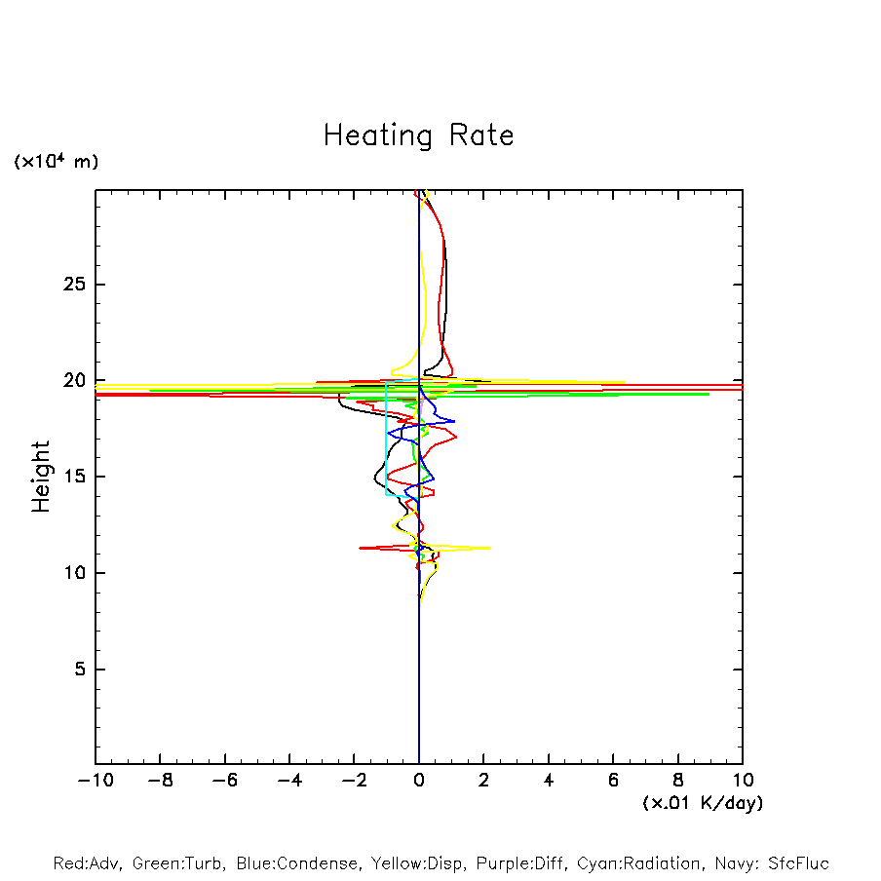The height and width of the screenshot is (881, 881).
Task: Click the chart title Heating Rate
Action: pyautogui.click(x=418, y=135)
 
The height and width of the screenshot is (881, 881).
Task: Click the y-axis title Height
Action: pyautogui.click(x=41, y=477)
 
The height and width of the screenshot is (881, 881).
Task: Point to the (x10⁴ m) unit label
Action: pyautogui.click(x=56, y=162)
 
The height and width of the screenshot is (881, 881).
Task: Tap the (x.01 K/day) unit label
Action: pyautogui.click(x=702, y=803)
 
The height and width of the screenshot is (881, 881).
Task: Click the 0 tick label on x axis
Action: pyautogui.click(x=419, y=781)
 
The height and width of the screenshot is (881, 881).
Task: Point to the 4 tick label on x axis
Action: pyautogui.click(x=549, y=781)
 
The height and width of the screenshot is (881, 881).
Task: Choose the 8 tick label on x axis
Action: pyautogui.click(x=678, y=781)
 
